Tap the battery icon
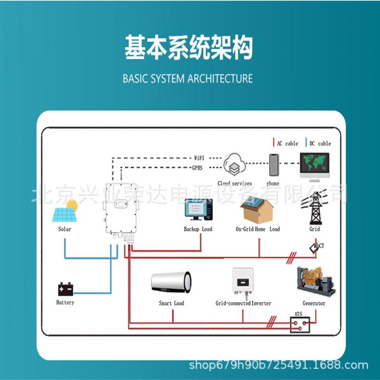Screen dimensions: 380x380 (x=66, y=289)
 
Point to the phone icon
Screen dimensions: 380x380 (x=273, y=165)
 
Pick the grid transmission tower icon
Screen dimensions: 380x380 (x=314, y=208)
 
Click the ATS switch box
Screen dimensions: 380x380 (x=300, y=325)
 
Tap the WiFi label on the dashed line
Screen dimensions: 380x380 (x=199, y=158)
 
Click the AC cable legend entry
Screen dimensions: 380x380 (x=286, y=143)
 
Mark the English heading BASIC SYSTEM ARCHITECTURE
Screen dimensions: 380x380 (x=188, y=78)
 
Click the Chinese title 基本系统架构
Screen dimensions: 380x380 (x=189, y=47)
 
